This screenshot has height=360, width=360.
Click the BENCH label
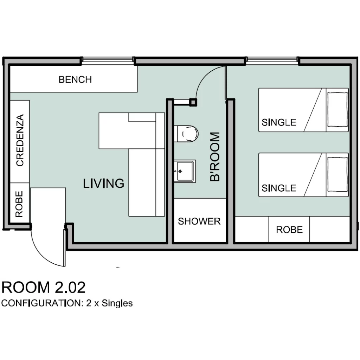tap(75, 80)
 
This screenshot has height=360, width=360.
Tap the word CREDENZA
tap(20, 140)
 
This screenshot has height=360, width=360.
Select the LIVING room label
tap(104, 184)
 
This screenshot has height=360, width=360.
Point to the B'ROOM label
tap(215, 157)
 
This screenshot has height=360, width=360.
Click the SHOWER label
tap(199, 221)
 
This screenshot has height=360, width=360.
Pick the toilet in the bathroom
tap(186, 134)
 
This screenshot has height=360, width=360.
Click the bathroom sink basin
tap(185, 171)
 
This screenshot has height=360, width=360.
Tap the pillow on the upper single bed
tap(337, 110)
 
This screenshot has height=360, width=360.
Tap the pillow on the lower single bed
tap(337, 174)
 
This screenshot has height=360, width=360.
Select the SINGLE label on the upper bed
tap(279, 122)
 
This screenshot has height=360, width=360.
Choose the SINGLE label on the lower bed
tap(279, 188)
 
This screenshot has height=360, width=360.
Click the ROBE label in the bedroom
tap(289, 230)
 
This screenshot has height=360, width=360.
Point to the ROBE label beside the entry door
tap(19, 204)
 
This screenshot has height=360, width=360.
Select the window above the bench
tap(108, 60)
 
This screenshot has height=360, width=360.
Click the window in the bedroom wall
tap(272, 60)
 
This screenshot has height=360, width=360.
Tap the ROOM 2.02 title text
tap(43, 287)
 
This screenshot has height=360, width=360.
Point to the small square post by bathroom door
tap(193, 102)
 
